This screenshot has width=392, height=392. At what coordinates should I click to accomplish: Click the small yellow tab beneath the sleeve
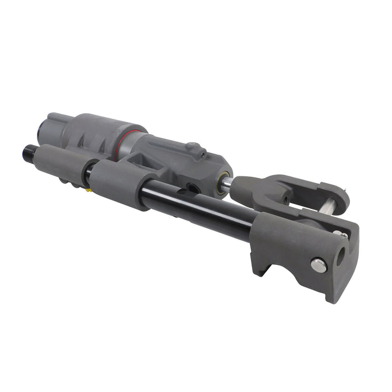click(x=88, y=190)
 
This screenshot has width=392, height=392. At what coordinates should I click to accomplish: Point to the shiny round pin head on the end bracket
click(x=319, y=265)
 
